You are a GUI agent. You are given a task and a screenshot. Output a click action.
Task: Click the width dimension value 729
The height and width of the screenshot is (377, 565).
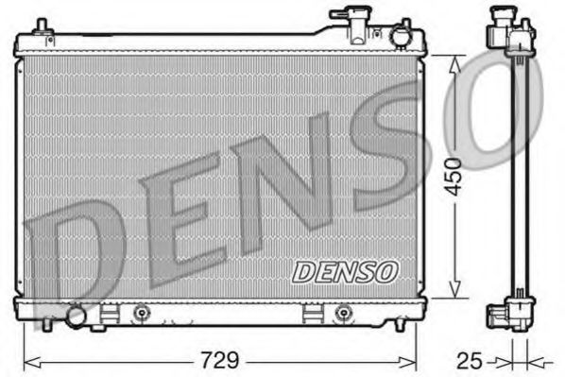coord(218,359)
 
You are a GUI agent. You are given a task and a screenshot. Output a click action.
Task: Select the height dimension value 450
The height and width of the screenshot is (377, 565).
coord(455,177)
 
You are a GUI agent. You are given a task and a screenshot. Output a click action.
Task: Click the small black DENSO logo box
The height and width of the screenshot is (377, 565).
coord(345,272)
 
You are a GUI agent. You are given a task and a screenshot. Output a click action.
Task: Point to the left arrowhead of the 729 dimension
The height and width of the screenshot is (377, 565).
coord(27,360)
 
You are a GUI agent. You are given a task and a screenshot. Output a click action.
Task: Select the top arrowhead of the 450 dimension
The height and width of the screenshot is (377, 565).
coord(455,60)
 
